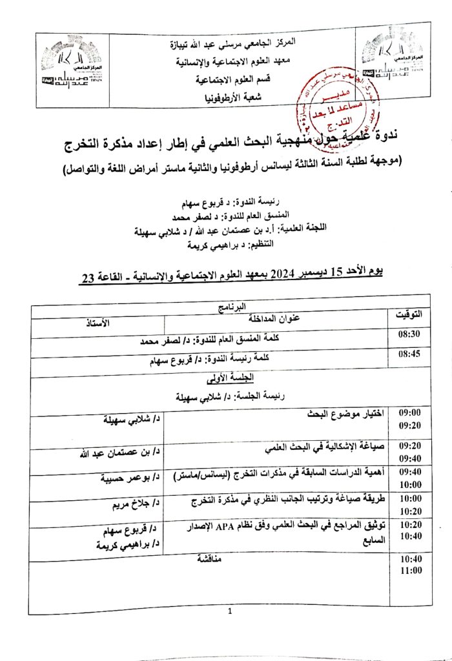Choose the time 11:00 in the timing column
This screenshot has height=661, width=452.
pos(411,571)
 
